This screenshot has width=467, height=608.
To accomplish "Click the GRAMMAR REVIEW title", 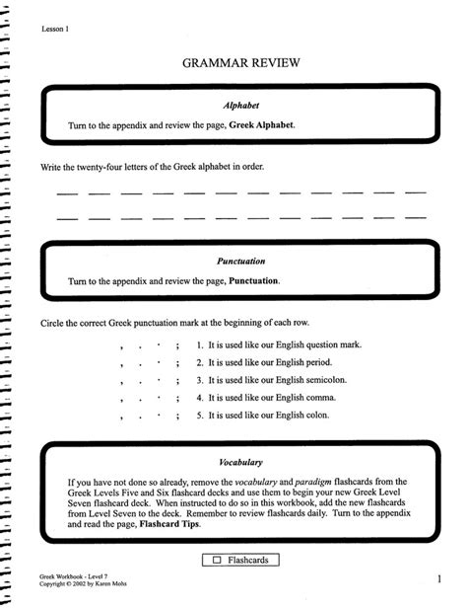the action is coord(240,64).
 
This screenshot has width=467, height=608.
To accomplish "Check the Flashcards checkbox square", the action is coord(216,561).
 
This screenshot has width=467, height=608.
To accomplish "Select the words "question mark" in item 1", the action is coord(330,345).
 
